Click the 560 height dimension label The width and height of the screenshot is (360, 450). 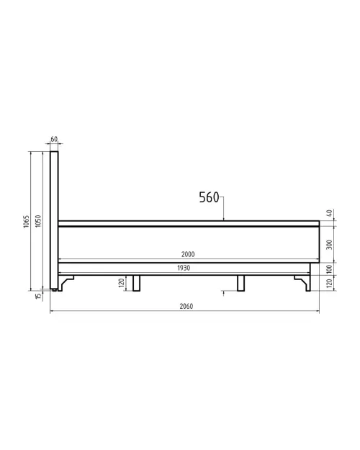209,197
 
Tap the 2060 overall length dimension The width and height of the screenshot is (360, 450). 186,306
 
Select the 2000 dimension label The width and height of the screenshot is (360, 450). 188,254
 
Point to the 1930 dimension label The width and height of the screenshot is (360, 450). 184,268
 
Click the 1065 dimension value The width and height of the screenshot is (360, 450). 27,222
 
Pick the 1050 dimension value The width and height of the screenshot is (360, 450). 38,221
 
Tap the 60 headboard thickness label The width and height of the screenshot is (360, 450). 54,139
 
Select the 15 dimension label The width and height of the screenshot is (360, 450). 38,296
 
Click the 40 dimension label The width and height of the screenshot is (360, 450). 330,213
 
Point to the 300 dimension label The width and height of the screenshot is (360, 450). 330,245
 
